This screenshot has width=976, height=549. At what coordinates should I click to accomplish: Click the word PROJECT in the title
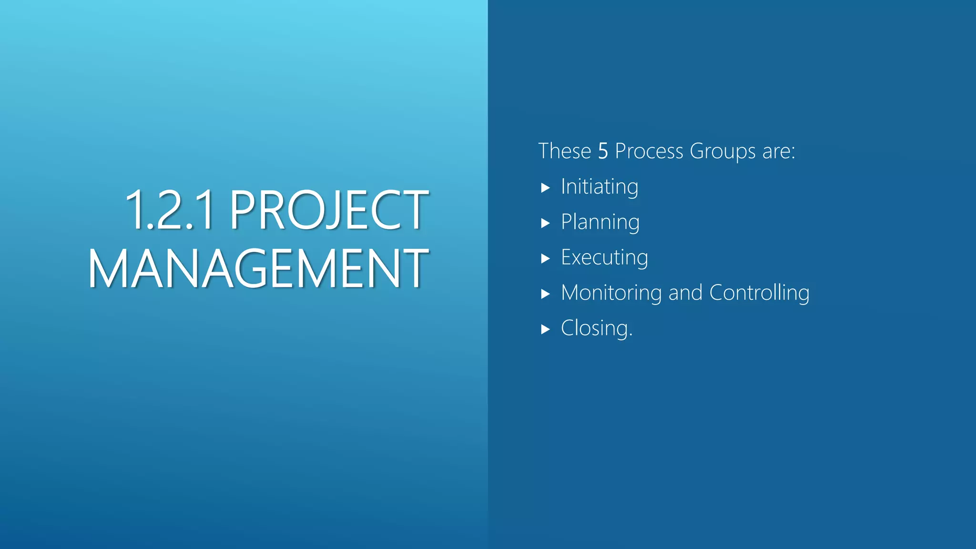pyautogui.click(x=329, y=210)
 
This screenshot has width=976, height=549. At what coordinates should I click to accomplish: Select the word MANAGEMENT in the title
pyautogui.click(x=258, y=269)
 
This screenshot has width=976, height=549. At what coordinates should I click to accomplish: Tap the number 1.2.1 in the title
pyautogui.click(x=169, y=210)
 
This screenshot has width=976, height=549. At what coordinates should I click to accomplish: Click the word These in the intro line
pyautogui.click(x=564, y=152)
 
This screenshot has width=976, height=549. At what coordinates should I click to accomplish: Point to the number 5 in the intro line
pyautogui.click(x=603, y=152)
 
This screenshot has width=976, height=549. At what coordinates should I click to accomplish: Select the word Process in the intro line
pyautogui.click(x=649, y=152)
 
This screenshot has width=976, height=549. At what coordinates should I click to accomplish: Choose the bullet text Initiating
pyautogui.click(x=600, y=187)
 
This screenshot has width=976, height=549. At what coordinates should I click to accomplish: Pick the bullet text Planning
pyautogui.click(x=600, y=223)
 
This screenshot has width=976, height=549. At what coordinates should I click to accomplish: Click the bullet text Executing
pyautogui.click(x=604, y=258)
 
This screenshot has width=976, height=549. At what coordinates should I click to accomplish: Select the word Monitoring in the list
pyautogui.click(x=611, y=293)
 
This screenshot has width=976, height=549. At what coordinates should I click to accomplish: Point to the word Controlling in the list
pyautogui.click(x=759, y=293)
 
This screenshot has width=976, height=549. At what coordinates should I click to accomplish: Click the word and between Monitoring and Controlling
pyautogui.click(x=685, y=293)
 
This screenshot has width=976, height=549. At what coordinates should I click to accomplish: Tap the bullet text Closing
pyautogui.click(x=597, y=328)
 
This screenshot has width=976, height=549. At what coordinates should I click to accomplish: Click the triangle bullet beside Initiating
pyautogui.click(x=546, y=188)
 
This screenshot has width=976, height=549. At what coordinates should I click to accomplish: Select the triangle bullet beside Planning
pyautogui.click(x=546, y=223)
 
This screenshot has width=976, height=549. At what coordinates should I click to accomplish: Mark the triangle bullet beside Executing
pyautogui.click(x=546, y=259)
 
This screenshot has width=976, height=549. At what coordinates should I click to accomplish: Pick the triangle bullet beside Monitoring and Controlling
pyautogui.click(x=546, y=294)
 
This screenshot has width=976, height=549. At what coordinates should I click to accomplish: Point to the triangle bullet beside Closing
pyautogui.click(x=546, y=329)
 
